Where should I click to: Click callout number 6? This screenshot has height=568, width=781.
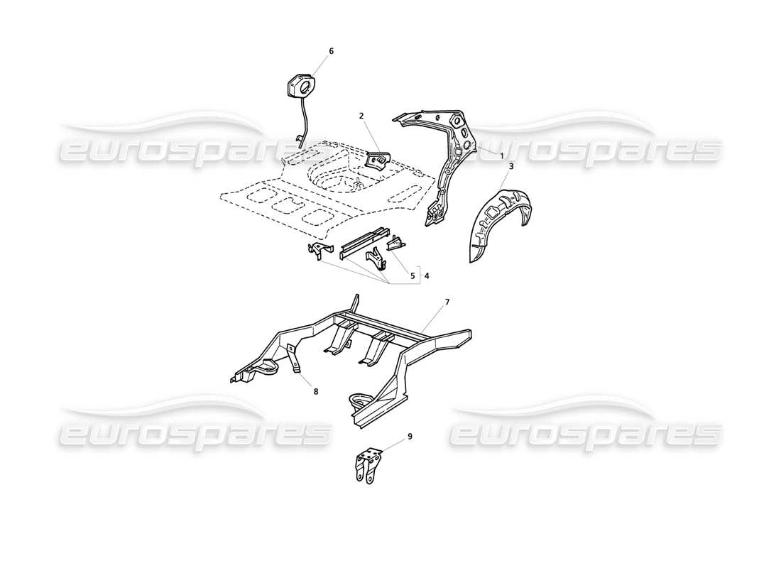(x=331, y=51)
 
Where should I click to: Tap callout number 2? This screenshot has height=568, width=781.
(x=361, y=115)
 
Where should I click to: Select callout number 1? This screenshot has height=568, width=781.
(x=501, y=155)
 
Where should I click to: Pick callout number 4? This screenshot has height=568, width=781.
(x=427, y=275)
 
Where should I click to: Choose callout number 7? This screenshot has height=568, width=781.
(x=447, y=302)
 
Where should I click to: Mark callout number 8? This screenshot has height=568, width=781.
(x=316, y=390)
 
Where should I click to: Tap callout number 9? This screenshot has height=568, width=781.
(x=410, y=437)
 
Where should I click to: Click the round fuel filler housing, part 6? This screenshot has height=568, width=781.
(x=300, y=87)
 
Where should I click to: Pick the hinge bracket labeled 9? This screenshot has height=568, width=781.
(x=368, y=466)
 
